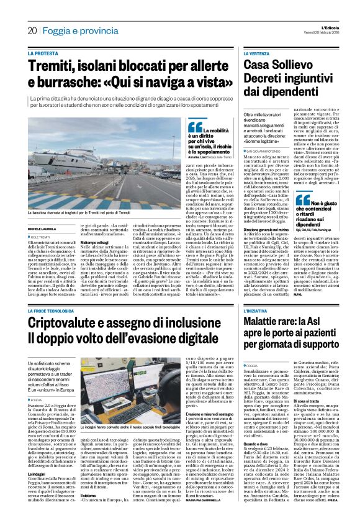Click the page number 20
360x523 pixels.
coord(32,30)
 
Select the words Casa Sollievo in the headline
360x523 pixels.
coord(276,67)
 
